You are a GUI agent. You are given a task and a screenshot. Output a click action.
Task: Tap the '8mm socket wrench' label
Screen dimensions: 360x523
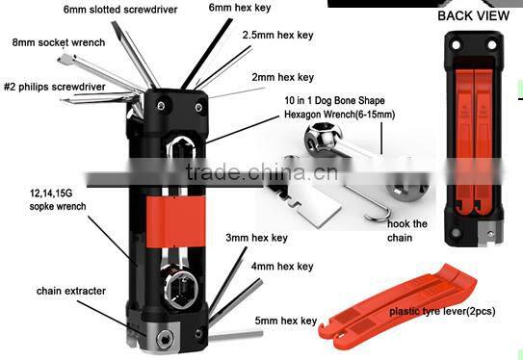(x=59, y=42)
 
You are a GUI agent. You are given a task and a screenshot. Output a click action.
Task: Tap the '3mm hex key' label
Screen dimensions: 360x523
(x=256, y=237)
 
